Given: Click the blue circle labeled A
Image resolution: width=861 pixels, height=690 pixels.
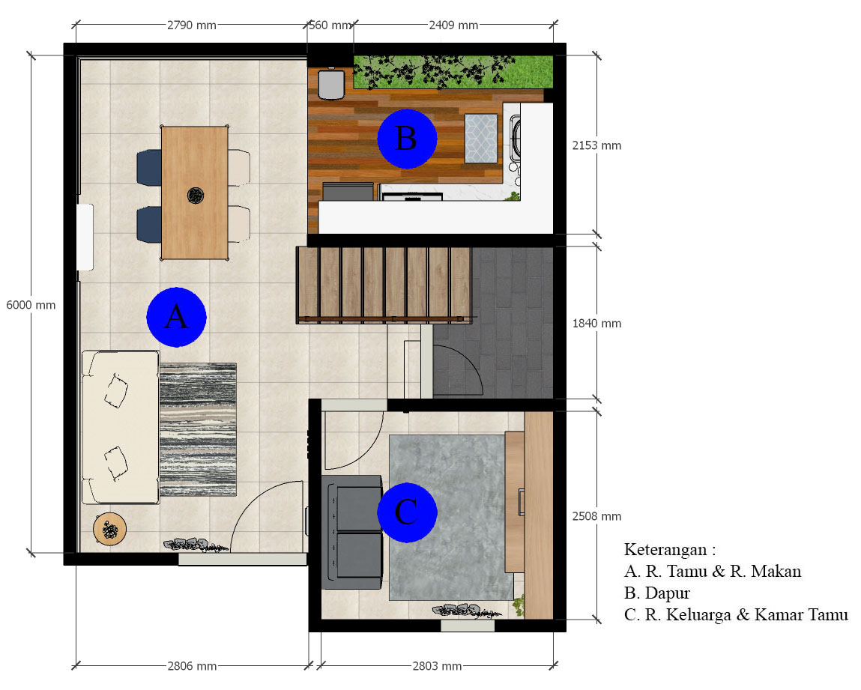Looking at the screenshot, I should point(176,317).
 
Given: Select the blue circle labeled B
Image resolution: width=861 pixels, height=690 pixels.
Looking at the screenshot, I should point(406,139).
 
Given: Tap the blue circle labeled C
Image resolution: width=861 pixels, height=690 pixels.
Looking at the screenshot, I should point(406,512).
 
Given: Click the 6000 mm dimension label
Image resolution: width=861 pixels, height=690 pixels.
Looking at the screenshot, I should point(31,305).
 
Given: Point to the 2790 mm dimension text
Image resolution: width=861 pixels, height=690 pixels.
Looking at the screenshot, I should point(192,25).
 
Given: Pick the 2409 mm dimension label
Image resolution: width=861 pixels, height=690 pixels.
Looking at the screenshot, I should point(453,25).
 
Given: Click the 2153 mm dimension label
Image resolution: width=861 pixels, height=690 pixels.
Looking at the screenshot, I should point(596,145).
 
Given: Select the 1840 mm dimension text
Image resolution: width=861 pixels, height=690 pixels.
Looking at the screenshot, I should point(596,324).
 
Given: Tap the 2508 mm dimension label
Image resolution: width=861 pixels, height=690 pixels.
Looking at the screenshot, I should point(596,516).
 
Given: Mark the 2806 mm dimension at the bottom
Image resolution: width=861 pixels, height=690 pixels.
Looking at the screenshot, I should point(192,666).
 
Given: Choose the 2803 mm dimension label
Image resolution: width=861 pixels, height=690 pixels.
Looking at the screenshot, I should point(437,666).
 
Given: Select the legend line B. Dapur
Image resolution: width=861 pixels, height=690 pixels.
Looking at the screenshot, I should point(657,593).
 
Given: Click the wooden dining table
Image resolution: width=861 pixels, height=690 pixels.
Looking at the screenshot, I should point(194,193).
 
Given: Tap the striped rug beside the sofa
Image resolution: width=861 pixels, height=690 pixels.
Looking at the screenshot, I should point(199,429).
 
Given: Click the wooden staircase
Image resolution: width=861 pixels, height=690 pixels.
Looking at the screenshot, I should point(384,284).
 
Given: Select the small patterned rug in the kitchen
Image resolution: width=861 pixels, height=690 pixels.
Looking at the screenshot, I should point(481,138).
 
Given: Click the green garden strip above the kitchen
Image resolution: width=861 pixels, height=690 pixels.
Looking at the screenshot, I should point(453,71).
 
